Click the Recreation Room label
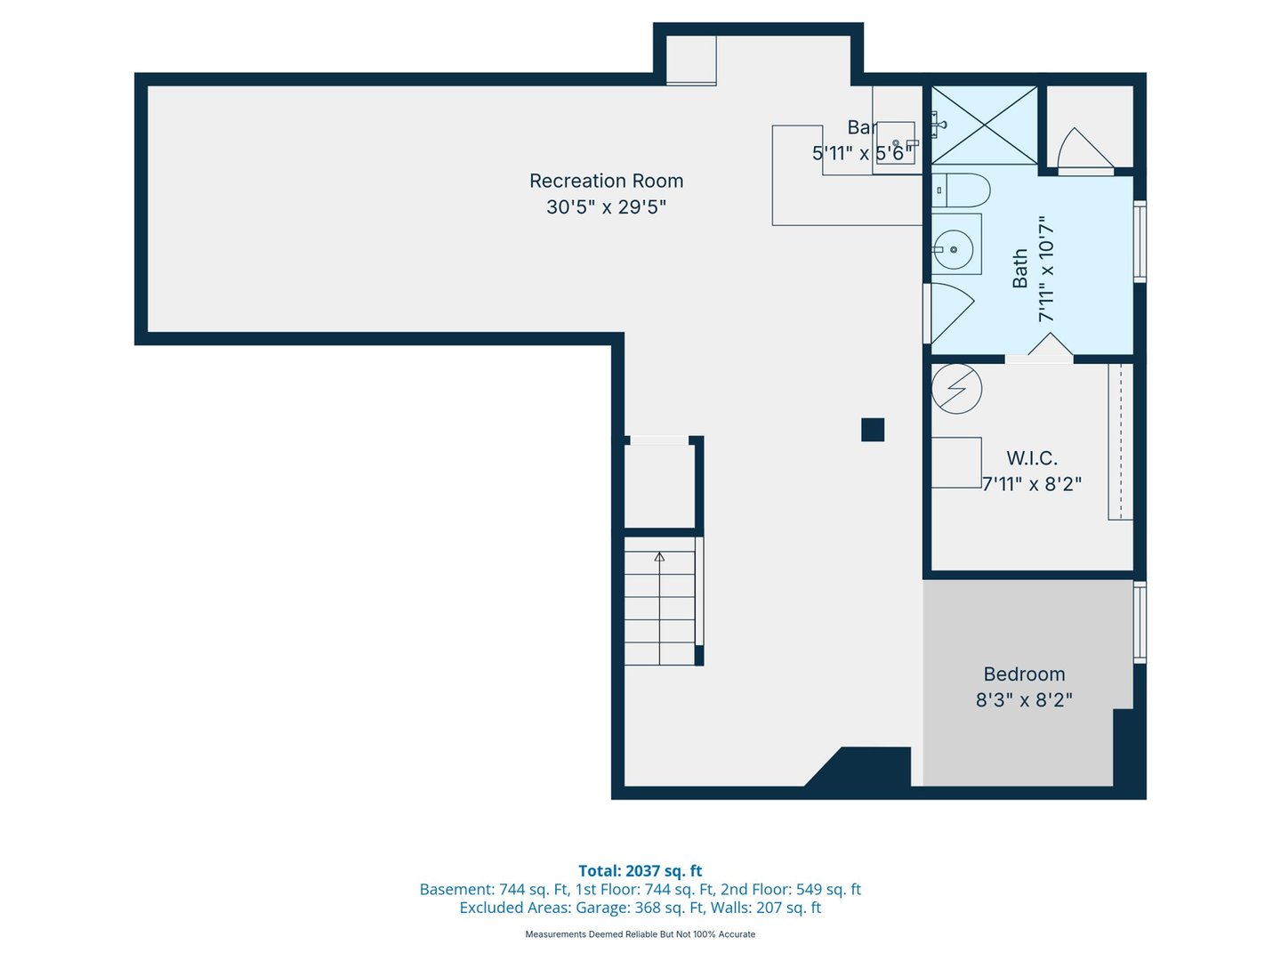click(606, 181)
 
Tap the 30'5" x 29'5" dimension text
click(606, 207)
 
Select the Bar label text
click(860, 128)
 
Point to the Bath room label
click(1019, 268)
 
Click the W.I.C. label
click(1032, 458)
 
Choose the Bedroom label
click(1024, 674)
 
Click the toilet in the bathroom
click(962, 190)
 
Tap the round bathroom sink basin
click(955, 251)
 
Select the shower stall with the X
click(984, 125)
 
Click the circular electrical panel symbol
click(956, 389)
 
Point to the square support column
click(873, 430)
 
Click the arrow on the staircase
click(659, 558)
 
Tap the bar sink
click(896, 143)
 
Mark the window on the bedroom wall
click(1140, 622)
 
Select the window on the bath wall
click(1140, 242)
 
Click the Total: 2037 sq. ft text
click(640, 871)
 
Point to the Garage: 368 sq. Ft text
click(637, 908)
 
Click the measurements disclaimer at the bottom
click(640, 934)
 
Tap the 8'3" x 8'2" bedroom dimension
click(1024, 700)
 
